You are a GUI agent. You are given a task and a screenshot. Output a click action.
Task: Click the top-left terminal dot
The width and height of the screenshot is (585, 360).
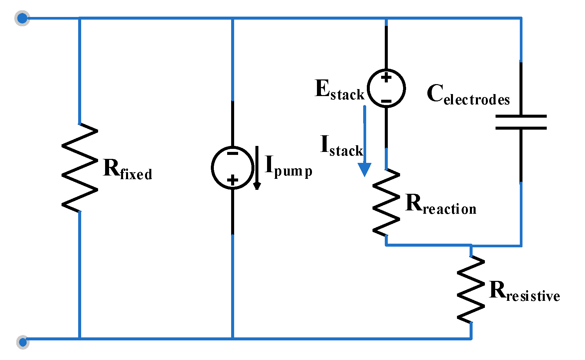click(x=22, y=18)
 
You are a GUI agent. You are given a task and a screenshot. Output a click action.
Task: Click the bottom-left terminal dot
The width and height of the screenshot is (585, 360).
click(x=23, y=342)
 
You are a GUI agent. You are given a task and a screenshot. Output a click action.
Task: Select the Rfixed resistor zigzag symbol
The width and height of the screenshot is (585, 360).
click(x=79, y=168)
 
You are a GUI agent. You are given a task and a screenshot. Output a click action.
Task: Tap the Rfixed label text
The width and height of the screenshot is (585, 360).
click(x=128, y=170)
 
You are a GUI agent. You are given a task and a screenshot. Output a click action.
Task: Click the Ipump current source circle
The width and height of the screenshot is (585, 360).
click(x=232, y=168)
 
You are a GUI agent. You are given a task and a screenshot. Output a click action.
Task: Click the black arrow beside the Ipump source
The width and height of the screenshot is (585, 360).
click(x=257, y=168)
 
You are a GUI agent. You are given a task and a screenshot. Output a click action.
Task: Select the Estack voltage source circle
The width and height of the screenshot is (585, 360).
click(x=386, y=88)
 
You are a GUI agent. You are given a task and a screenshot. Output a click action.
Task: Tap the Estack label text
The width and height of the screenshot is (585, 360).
click(x=339, y=90)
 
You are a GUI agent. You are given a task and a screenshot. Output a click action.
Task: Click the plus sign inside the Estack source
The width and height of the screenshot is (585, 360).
click(x=386, y=78)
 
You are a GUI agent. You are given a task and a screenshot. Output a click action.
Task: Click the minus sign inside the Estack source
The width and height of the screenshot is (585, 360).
click(x=386, y=101)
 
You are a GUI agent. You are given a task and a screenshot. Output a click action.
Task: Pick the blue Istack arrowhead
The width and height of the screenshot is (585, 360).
click(x=365, y=170)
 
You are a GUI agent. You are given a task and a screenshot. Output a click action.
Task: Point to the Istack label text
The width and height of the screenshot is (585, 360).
click(x=341, y=146)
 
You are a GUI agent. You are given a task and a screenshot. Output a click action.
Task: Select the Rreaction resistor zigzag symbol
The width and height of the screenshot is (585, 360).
click(x=386, y=202)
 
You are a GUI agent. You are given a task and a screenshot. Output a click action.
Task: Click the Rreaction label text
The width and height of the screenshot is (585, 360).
click(x=441, y=204)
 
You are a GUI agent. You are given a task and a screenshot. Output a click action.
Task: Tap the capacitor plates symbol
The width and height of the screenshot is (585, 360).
click(x=521, y=122)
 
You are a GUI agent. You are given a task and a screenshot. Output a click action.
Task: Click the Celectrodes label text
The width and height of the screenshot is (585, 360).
click(x=468, y=95)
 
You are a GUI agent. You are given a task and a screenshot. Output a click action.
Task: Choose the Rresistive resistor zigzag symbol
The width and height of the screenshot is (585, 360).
click(x=471, y=289)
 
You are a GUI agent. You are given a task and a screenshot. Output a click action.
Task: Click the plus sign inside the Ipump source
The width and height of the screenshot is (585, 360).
click(x=232, y=180)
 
